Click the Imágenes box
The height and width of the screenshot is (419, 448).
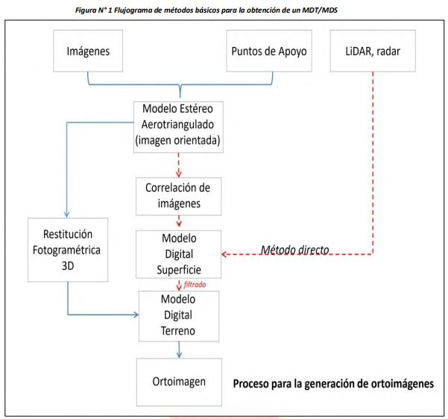coord(88,51)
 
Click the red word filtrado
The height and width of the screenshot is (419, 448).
coord(195,284)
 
